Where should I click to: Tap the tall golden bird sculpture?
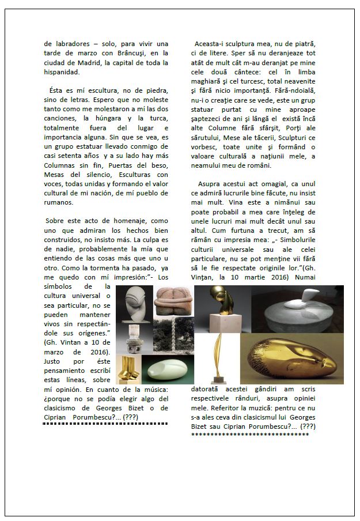click(x=218, y=357)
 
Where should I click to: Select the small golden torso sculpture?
click(x=128, y=369)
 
